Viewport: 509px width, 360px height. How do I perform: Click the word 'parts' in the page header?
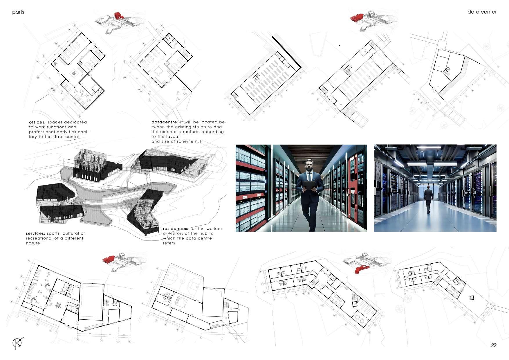18,12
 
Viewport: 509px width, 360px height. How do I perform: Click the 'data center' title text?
482,12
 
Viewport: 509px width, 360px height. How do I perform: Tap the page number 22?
494,345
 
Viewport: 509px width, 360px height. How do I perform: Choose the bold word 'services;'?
35,233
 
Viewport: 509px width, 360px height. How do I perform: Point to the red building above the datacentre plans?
357,18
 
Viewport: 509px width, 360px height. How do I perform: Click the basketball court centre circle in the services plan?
182,281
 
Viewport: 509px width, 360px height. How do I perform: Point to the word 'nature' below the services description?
33,243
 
